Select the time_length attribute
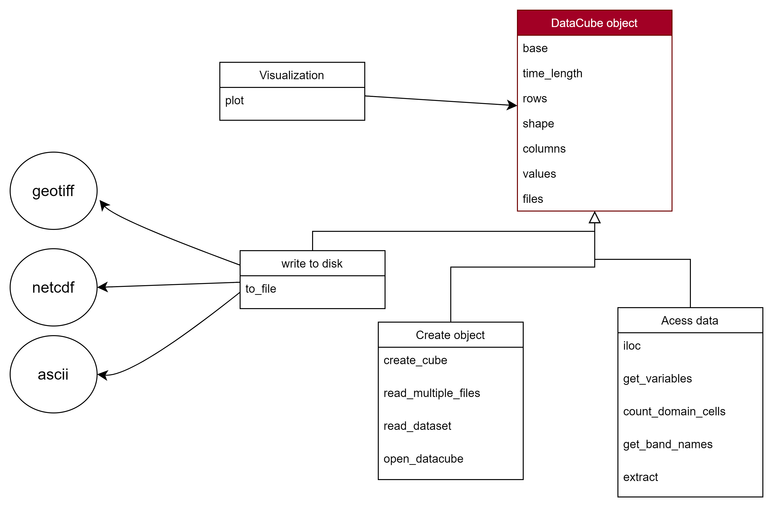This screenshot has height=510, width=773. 552,73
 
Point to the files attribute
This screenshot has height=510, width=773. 533,199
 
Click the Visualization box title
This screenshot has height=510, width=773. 292,75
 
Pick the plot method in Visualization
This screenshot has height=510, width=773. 234,100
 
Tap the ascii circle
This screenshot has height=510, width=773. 53,374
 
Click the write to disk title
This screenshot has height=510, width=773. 312,263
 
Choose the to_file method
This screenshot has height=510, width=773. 261,289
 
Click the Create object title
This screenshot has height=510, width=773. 450,335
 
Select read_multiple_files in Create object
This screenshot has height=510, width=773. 431,393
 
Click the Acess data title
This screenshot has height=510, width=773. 689,321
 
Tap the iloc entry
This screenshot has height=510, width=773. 631,346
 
